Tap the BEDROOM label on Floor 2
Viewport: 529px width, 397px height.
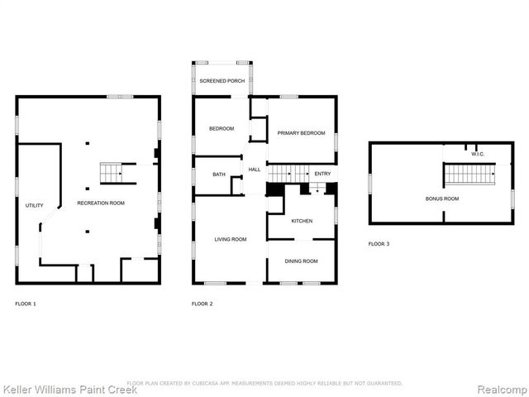click(221, 128)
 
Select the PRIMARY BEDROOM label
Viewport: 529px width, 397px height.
click(301, 132)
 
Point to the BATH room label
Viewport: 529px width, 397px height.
click(218, 175)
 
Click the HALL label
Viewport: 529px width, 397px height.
click(255, 170)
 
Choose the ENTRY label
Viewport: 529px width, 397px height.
click(322, 174)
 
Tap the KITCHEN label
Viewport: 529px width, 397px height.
click(301, 221)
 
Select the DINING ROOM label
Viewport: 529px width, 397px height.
click(301, 261)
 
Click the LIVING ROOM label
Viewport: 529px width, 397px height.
click(231, 240)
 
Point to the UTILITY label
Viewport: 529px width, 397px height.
click(34, 205)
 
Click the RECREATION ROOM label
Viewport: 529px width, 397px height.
click(101, 203)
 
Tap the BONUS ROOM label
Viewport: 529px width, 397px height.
click(442, 198)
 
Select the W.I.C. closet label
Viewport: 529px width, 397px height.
click(477, 154)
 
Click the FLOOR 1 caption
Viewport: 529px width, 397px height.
click(26, 304)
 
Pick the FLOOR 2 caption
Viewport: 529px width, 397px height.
click(203, 304)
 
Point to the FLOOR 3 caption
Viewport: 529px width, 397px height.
click(379, 244)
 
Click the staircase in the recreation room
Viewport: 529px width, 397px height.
click(111, 173)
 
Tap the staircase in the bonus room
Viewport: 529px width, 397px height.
click(470, 175)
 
